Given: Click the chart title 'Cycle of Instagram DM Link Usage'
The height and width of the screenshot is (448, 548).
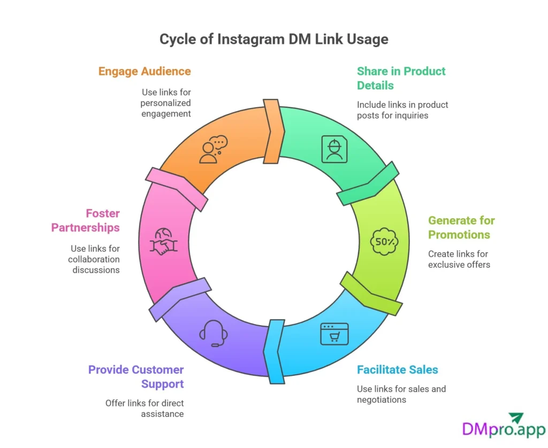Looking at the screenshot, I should [x=274, y=39].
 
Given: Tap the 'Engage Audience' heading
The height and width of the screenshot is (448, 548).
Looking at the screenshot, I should [x=144, y=71].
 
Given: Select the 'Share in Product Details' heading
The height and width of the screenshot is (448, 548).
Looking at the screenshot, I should [x=401, y=78].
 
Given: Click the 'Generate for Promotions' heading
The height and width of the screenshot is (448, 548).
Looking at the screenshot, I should [x=461, y=227].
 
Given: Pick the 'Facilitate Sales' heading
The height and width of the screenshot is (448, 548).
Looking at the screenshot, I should [x=397, y=369].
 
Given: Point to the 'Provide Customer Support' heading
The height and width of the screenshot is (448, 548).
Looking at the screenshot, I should [x=136, y=376].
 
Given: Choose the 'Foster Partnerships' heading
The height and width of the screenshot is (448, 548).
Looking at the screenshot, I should [x=86, y=220].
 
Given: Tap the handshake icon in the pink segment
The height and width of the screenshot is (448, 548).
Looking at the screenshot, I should [x=163, y=242].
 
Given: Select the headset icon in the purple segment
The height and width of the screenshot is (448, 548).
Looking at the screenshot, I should [x=214, y=333].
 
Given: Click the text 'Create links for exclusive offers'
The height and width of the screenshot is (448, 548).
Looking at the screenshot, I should [x=459, y=259].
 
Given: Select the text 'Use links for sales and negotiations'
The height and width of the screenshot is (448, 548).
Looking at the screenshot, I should [x=401, y=394].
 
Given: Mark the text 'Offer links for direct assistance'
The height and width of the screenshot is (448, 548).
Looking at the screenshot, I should [x=144, y=408].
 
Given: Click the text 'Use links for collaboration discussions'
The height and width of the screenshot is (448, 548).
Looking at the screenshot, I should [x=94, y=259].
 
